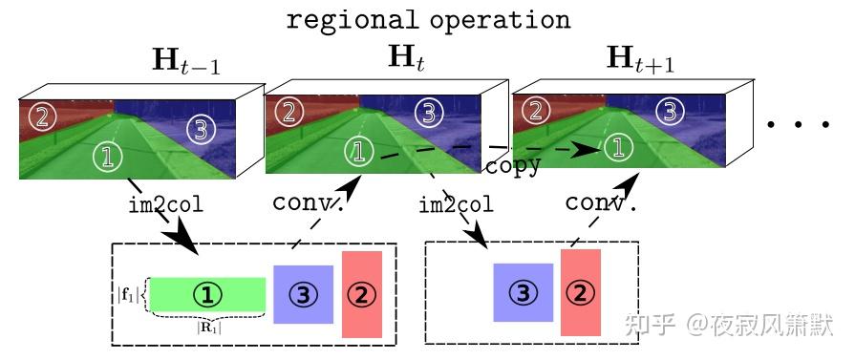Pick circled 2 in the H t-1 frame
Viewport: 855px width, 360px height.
(41, 117)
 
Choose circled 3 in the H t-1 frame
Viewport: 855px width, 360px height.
(198, 129)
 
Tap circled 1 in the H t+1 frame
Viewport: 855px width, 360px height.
(619, 146)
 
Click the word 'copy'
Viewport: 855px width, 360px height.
(513, 165)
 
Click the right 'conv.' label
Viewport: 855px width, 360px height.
(601, 203)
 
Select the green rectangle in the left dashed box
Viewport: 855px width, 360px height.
(207, 294)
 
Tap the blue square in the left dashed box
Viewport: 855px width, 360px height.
(303, 294)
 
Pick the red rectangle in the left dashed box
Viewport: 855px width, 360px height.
(361, 294)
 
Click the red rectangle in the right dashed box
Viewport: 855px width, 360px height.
(580, 292)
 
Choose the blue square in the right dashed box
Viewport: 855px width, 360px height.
(523, 292)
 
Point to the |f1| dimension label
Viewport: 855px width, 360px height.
(127, 294)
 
